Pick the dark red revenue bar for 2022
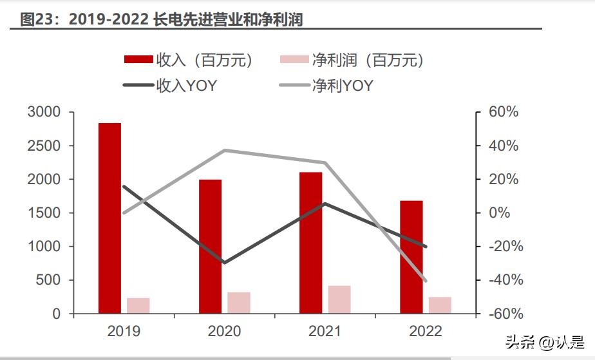pos(411,257)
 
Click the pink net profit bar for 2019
pos(138,306)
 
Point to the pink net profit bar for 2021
pos(339,299)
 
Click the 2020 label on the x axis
pos(224,332)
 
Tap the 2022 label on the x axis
pos(426,332)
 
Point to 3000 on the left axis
pos(44,113)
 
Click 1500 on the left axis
pos(44,213)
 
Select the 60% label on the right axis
pos(504,113)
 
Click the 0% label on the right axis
pos(509,213)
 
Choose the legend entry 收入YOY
pos(187,86)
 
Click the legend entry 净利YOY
pos(342,86)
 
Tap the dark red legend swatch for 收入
pos(138,61)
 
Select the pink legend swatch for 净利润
pos(294,61)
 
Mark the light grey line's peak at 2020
pos(224,150)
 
